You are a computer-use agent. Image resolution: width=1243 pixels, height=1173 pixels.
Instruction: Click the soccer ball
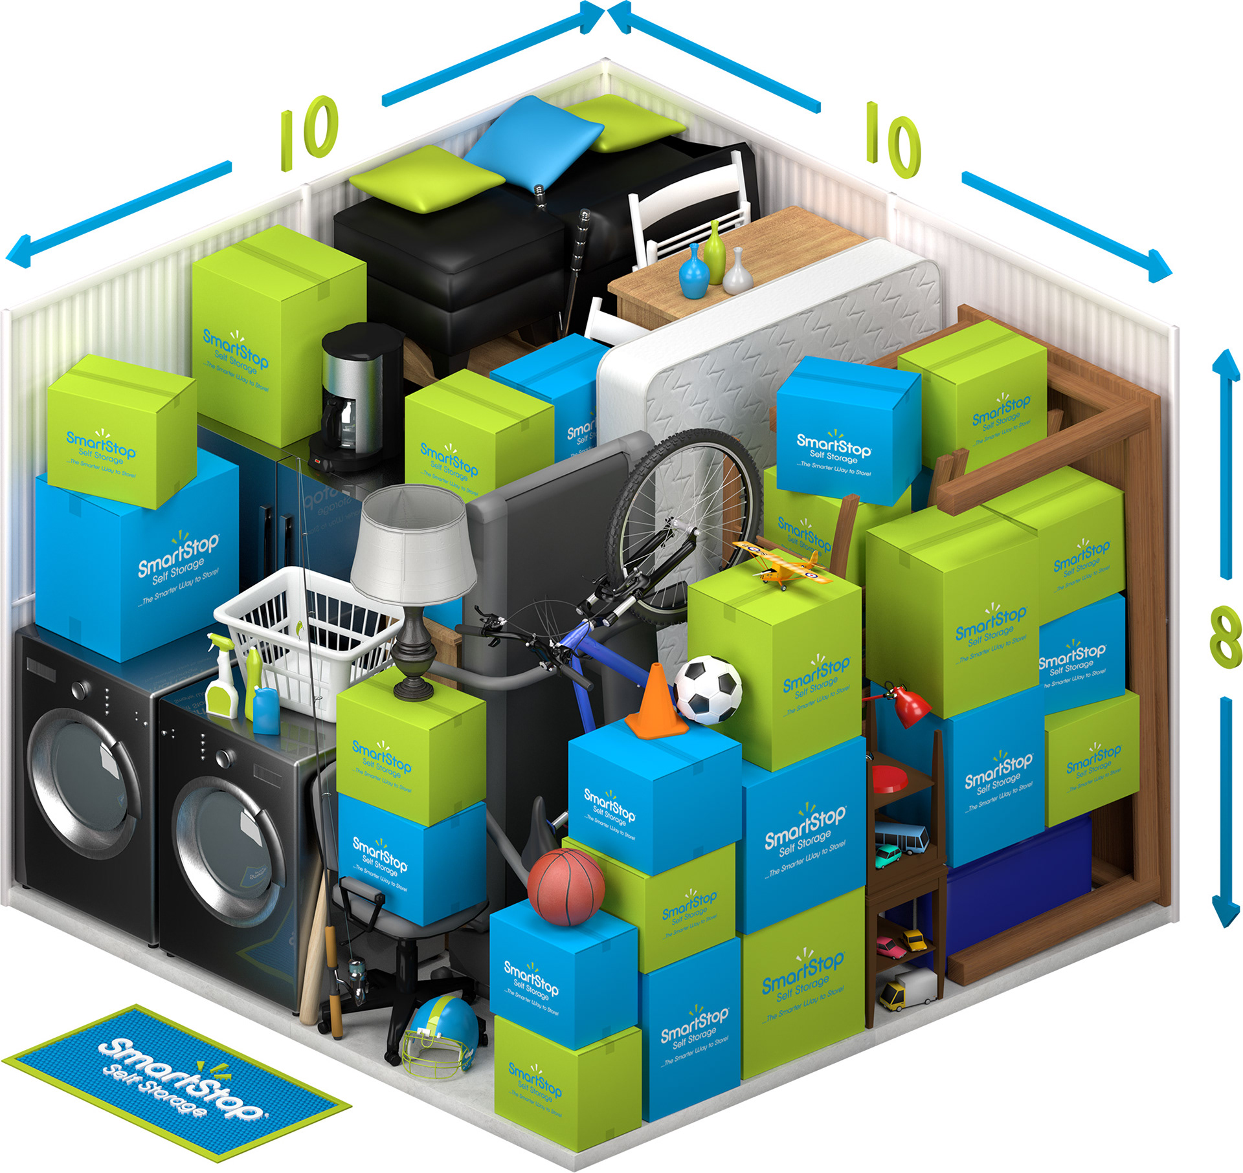(708, 690)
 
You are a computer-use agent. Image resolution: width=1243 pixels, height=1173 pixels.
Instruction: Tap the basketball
(566, 886)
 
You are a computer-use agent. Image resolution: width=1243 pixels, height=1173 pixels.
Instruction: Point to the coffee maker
(355, 395)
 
